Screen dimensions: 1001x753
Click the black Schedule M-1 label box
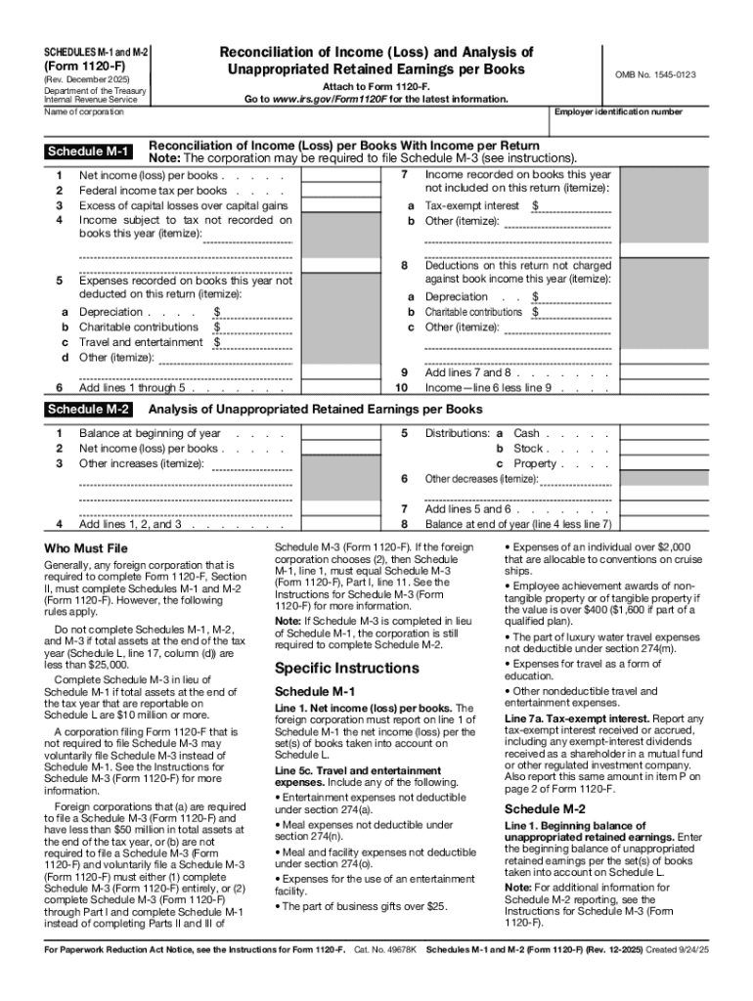[89, 151]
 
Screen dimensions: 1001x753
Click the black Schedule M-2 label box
[89, 410]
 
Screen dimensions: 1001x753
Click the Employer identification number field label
[618, 112]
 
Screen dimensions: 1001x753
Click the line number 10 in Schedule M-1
[402, 387]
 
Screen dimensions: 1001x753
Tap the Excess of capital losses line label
[183, 206]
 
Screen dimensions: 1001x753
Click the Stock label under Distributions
[528, 449]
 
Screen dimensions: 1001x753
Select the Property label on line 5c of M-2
[534, 463]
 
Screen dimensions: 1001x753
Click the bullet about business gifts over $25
[364, 906]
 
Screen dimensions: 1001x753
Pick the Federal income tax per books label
[153, 191]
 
